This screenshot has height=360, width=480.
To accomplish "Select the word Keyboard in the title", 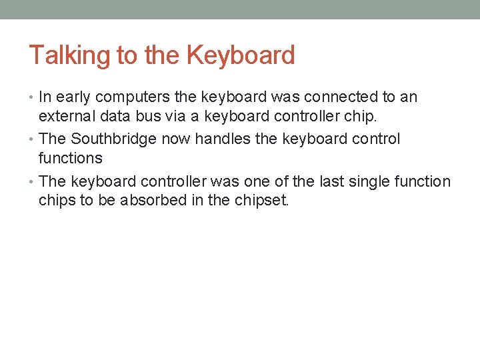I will click(x=241, y=55).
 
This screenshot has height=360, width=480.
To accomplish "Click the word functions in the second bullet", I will click(x=71, y=159).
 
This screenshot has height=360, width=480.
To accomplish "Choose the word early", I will click(x=72, y=97).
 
